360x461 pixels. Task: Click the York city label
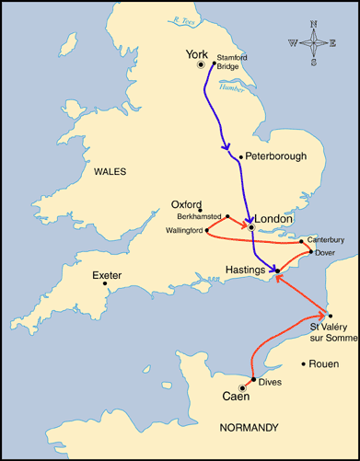(198, 53)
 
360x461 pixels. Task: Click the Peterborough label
(277, 156)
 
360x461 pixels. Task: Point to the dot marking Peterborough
(240, 156)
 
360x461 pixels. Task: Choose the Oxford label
(186, 204)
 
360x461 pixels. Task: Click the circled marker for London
(250, 226)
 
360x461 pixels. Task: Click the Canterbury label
(326, 240)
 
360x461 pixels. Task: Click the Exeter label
(107, 275)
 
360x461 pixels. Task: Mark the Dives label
(270, 382)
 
